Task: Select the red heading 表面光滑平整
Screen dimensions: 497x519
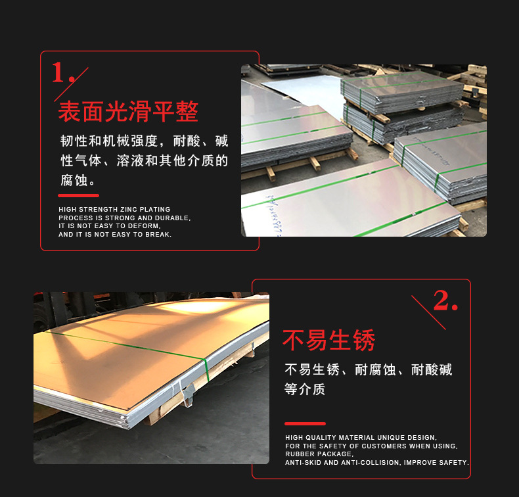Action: [x=128, y=112]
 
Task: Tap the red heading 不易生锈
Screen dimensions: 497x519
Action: [x=328, y=341]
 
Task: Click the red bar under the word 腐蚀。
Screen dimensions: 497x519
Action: [x=78, y=195]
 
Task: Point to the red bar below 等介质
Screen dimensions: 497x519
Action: [x=305, y=423]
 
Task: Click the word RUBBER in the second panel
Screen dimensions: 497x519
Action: [x=299, y=454]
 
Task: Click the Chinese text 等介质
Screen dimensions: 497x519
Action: [x=305, y=389]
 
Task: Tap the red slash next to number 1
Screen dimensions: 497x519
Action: [x=79, y=76]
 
